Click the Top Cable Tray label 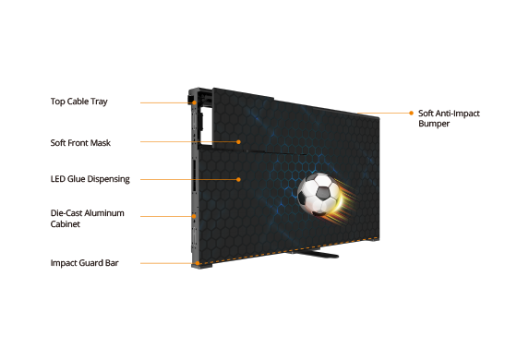79,102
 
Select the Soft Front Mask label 80,143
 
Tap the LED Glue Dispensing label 90,179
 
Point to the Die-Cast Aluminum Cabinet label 88,218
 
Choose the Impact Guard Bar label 84,263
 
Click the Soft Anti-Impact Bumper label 449,118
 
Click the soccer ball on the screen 319,195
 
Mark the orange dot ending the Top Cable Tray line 195,102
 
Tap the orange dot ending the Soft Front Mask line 238,142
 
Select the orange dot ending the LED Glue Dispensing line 238,179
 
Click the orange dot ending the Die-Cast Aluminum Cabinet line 194,216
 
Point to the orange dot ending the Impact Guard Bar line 198,263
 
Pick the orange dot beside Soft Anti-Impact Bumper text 411,113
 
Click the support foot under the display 313,254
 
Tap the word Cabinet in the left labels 66,224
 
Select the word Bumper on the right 434,124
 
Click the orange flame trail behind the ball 346,201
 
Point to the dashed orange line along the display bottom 288,251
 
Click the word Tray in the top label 99,102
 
